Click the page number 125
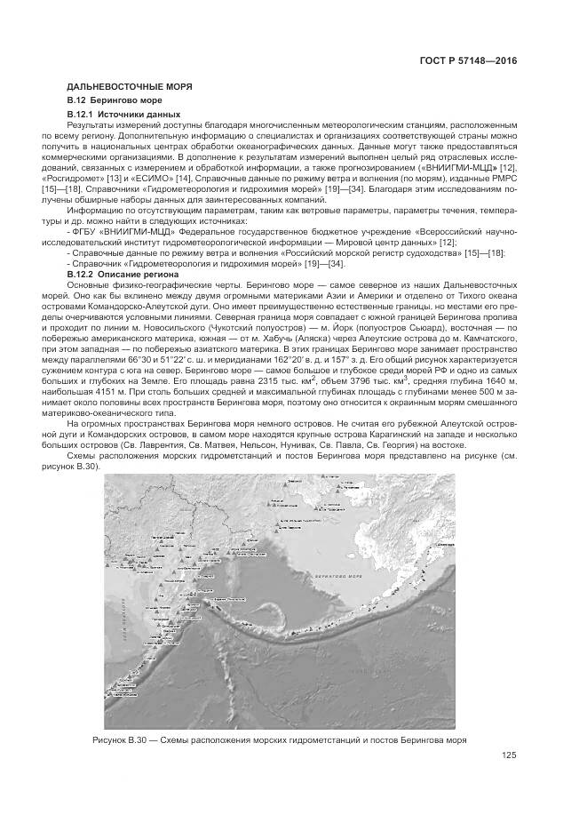(508, 756)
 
